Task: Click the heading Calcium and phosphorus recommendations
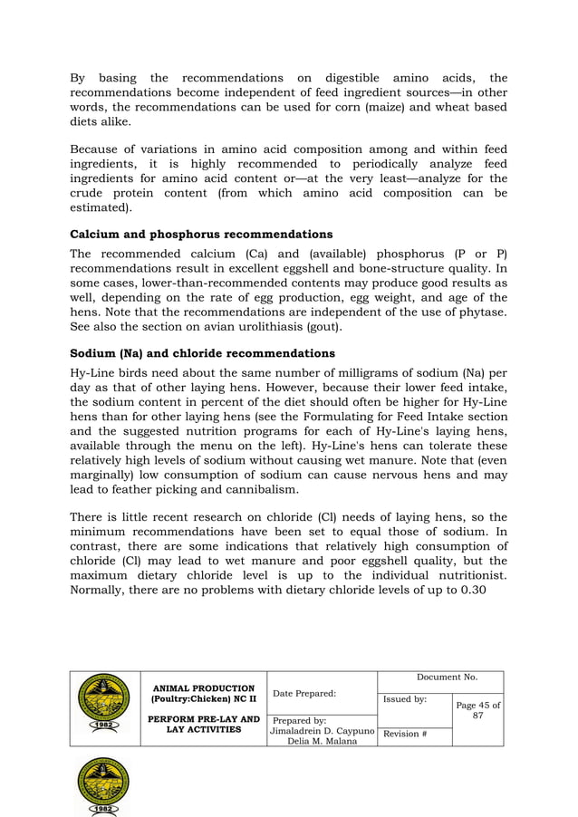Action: pyautogui.click(x=201, y=235)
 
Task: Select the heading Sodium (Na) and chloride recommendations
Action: pyautogui.click(x=202, y=353)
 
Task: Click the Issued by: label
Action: pyautogui.click(x=405, y=700)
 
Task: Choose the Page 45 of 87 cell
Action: pyautogui.click(x=477, y=711)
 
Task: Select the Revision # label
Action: pyautogui.click(x=404, y=734)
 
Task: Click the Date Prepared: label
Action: pyautogui.click(x=304, y=694)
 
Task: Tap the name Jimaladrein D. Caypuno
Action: pyautogui.click(x=323, y=731)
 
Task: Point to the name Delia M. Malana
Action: pyautogui.click(x=323, y=742)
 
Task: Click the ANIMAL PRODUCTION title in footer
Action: pyautogui.click(x=204, y=688)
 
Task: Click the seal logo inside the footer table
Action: pyautogui.click(x=105, y=707)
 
